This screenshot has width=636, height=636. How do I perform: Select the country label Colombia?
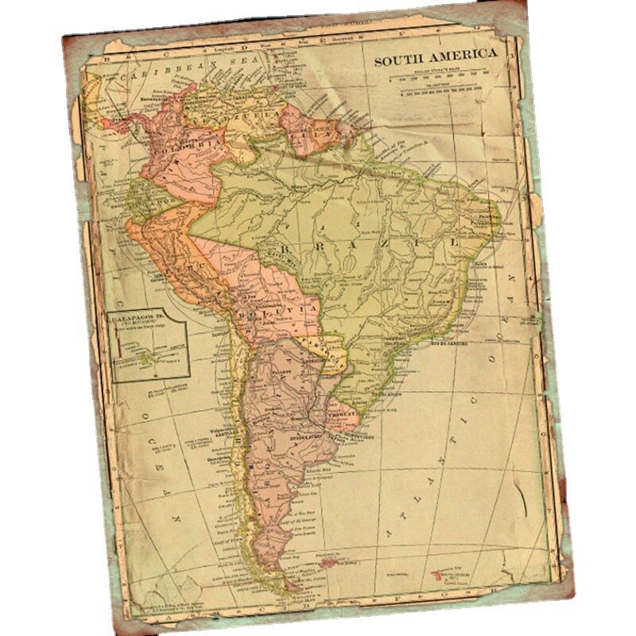point(184,147)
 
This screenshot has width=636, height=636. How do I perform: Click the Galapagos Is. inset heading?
point(142,317)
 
